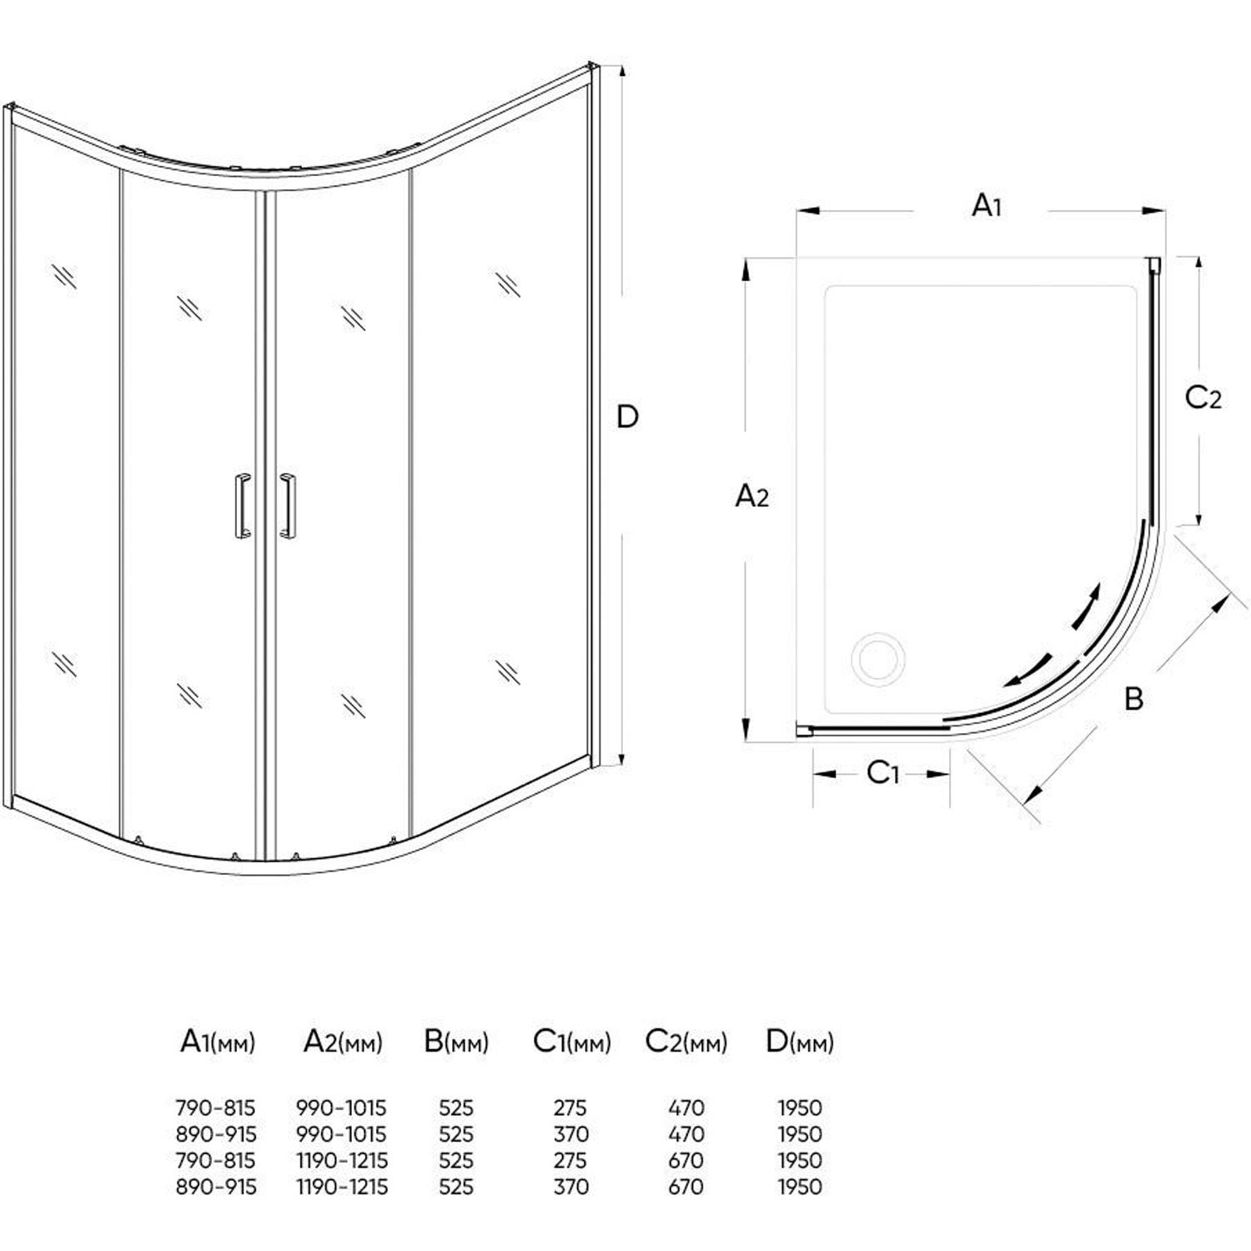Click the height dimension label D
click(627, 416)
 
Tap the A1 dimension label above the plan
click(987, 205)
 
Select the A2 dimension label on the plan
click(751, 497)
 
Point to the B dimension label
click(1133, 698)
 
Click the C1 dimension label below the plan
click(882, 774)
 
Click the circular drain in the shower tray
click(876, 658)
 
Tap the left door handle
click(242, 504)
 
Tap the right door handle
click(288, 504)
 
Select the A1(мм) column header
click(218, 1042)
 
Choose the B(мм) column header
click(456, 1042)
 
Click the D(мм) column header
click(799, 1042)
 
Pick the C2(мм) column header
click(686, 1042)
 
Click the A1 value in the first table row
click(216, 1108)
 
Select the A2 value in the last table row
click(342, 1186)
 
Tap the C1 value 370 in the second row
click(570, 1134)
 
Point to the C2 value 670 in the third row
click(686, 1160)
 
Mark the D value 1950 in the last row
click(800, 1186)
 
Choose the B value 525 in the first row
click(456, 1108)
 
